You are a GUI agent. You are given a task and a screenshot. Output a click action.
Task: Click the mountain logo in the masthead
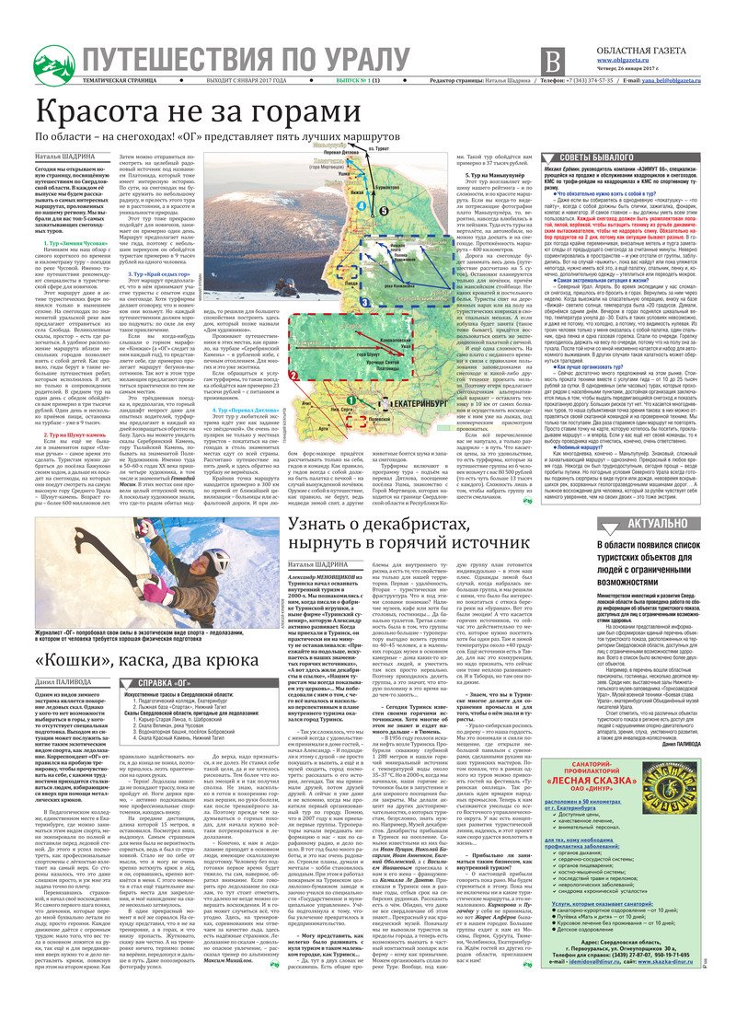53,64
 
